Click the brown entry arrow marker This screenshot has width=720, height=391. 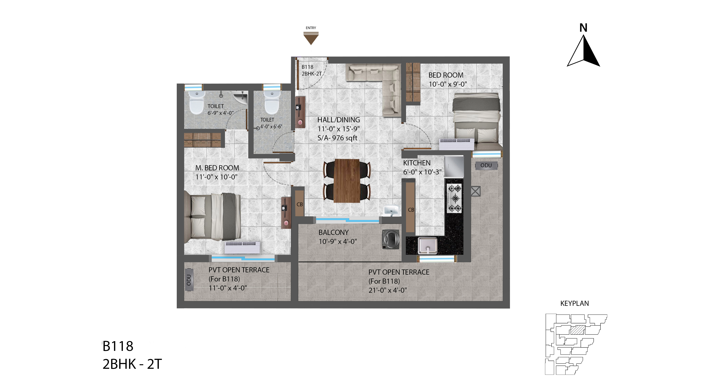pos(311,38)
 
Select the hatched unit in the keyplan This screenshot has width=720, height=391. pos(577,330)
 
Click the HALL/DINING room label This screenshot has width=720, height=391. pos(338,120)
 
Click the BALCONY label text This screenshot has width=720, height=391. pos(334,232)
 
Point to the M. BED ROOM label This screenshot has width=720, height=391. pos(217,168)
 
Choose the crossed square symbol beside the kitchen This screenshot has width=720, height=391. pos(475,191)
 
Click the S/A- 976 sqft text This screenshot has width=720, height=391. pos(337,138)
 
